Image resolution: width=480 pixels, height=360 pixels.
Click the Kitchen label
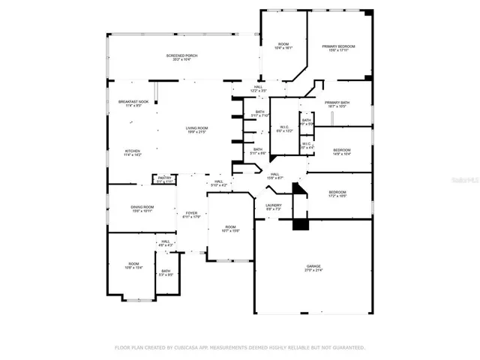(132, 153)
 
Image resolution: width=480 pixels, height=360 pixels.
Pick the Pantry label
(165, 179)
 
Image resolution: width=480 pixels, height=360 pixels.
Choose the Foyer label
(191, 215)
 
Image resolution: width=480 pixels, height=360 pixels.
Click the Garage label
(313, 268)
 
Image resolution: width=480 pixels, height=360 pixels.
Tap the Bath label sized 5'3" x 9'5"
(166, 273)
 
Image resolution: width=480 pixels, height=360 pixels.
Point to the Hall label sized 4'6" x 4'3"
(165, 243)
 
